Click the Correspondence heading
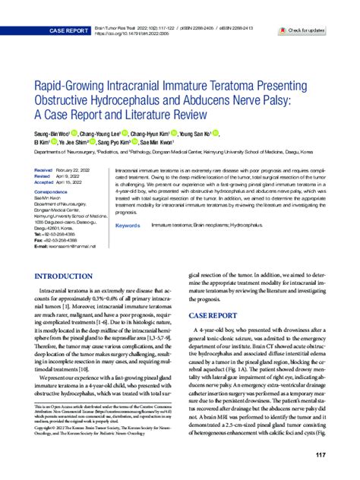coord(54,194)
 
